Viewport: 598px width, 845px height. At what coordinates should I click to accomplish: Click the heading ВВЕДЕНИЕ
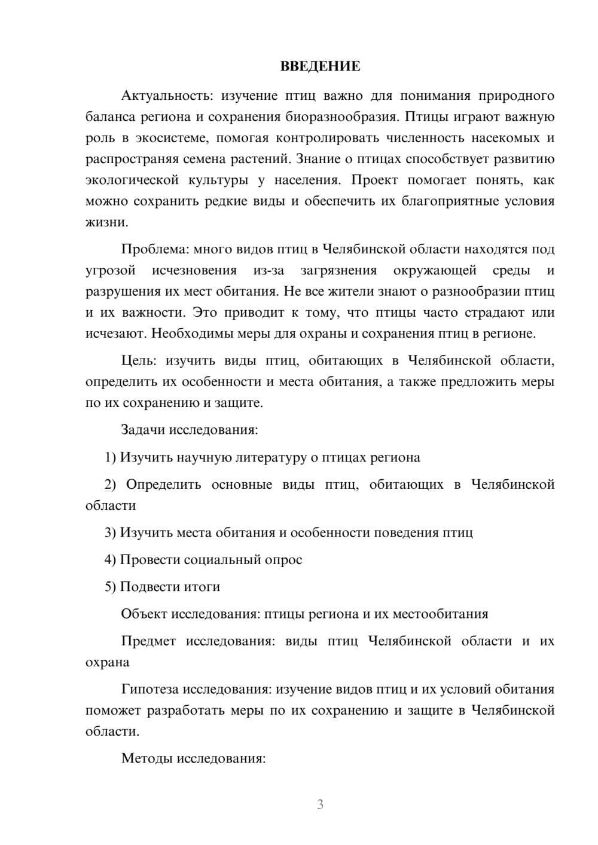(x=320, y=66)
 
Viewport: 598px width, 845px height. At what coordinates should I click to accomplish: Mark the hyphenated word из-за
(x=269, y=270)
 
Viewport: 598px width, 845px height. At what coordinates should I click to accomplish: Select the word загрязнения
(x=338, y=270)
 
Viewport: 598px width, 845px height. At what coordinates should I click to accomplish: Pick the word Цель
(x=138, y=360)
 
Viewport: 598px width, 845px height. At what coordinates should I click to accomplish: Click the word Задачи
(x=143, y=430)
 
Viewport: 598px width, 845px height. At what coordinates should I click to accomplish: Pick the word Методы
(x=143, y=758)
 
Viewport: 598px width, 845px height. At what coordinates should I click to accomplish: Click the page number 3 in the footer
(x=320, y=804)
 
